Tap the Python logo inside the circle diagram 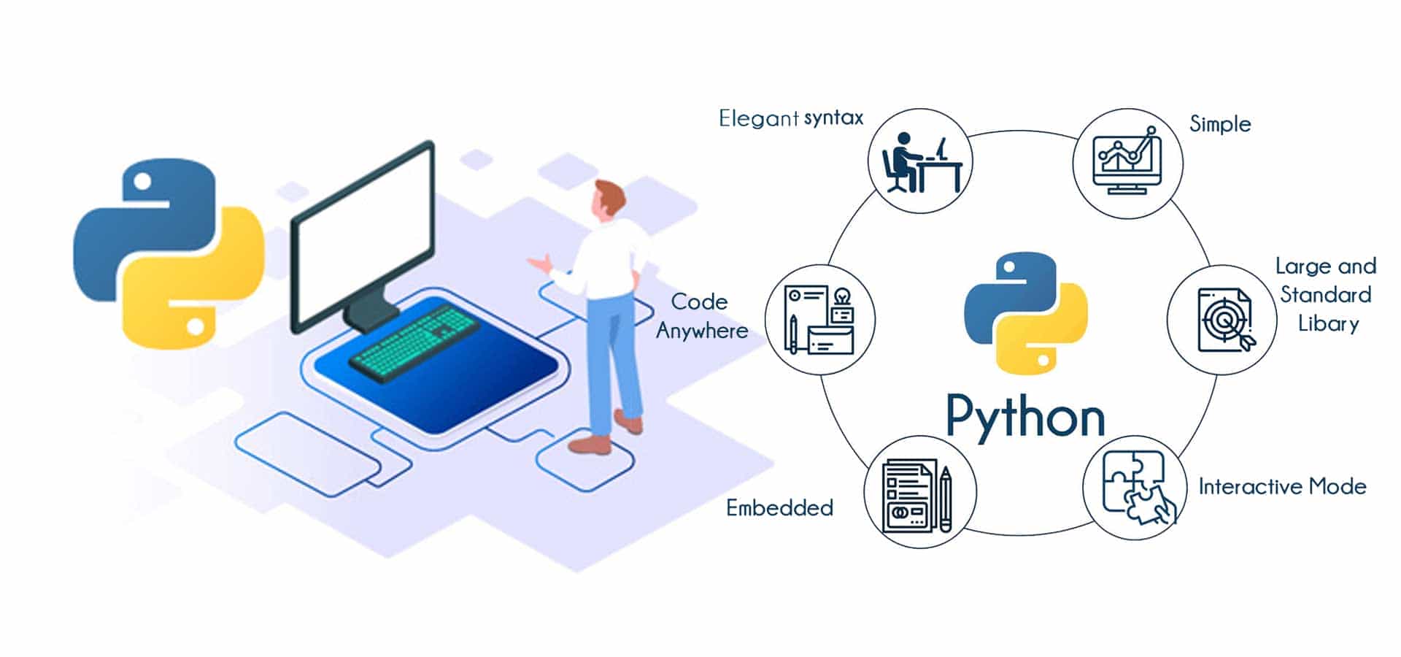(x=1025, y=312)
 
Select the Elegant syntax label (x=791, y=118)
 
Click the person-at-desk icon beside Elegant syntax (x=920, y=162)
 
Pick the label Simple (x=1220, y=124)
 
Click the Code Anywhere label (x=701, y=316)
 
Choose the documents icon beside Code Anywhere (x=819, y=320)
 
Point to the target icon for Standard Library (x=1223, y=320)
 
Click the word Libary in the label (x=1328, y=323)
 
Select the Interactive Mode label (x=1282, y=487)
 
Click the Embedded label (x=779, y=508)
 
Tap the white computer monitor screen (x=363, y=234)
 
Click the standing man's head (x=609, y=199)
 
